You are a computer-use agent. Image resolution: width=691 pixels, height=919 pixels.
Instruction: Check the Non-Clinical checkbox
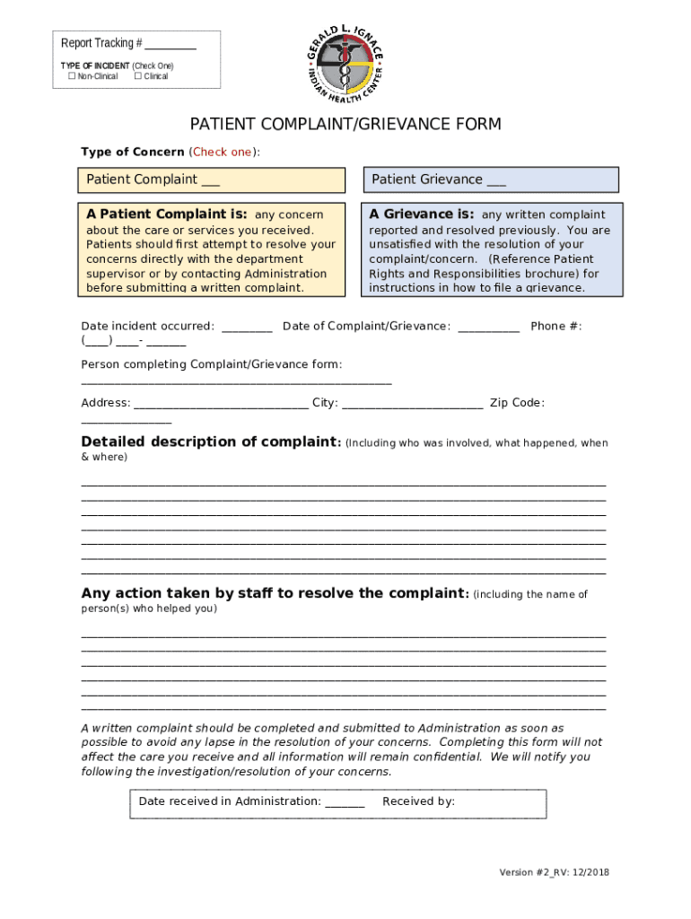pyautogui.click(x=72, y=76)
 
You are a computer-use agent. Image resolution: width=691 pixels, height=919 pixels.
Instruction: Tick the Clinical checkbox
pyautogui.click(x=138, y=76)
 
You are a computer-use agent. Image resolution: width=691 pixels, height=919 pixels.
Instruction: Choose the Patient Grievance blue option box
pyautogui.click(x=490, y=179)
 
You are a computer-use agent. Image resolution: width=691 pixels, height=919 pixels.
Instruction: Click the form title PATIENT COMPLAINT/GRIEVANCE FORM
pyautogui.click(x=345, y=124)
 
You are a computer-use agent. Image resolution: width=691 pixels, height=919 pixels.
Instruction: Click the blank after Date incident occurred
pyautogui.click(x=247, y=328)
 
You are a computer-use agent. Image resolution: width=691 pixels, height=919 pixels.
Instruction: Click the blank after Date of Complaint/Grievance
pyautogui.click(x=488, y=328)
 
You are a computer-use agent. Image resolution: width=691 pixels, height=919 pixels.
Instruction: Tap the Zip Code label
pyautogui.click(x=517, y=403)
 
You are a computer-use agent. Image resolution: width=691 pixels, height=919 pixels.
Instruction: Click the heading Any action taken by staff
pyautogui.click(x=274, y=593)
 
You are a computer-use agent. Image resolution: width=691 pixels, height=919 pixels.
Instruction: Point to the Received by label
pyautogui.click(x=418, y=801)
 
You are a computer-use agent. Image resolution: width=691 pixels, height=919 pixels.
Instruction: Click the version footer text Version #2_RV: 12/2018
pyautogui.click(x=555, y=872)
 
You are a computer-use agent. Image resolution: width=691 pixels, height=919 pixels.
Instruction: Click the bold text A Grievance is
pyautogui.click(x=421, y=214)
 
